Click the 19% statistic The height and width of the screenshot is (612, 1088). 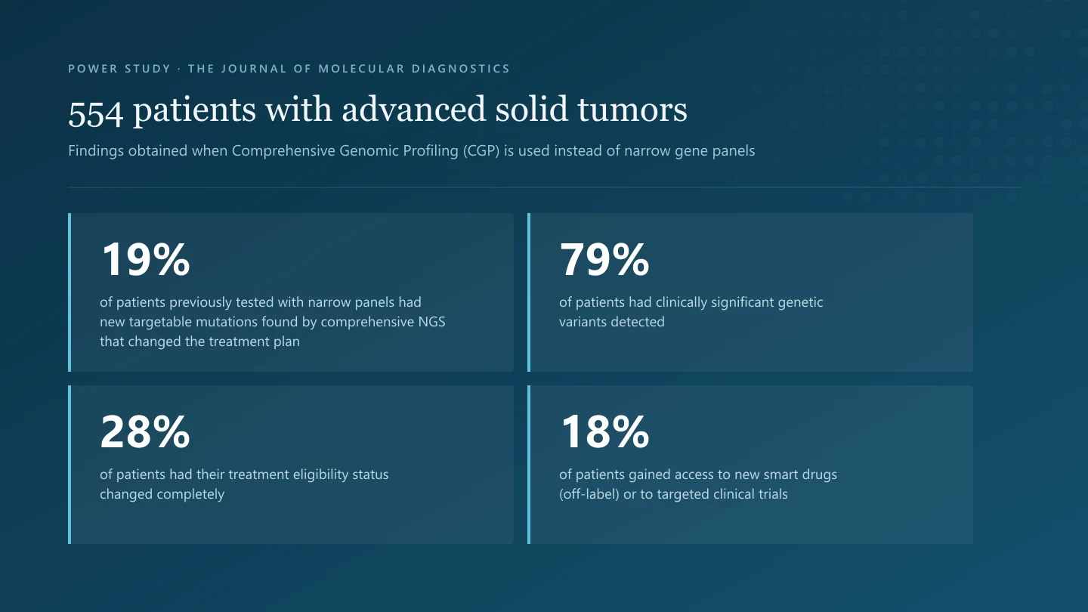(x=145, y=259)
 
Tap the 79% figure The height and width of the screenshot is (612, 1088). (x=604, y=259)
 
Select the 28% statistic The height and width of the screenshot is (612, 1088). (x=145, y=431)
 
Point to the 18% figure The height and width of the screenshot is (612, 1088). (x=604, y=431)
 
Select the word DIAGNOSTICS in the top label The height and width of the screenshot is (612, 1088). (x=460, y=69)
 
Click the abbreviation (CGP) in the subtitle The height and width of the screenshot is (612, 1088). (x=481, y=151)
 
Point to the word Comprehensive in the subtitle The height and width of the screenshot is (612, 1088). (x=283, y=151)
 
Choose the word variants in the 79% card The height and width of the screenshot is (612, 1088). (x=581, y=322)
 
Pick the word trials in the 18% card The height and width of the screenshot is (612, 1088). (x=774, y=494)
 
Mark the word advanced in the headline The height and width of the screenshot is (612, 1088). (x=413, y=110)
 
